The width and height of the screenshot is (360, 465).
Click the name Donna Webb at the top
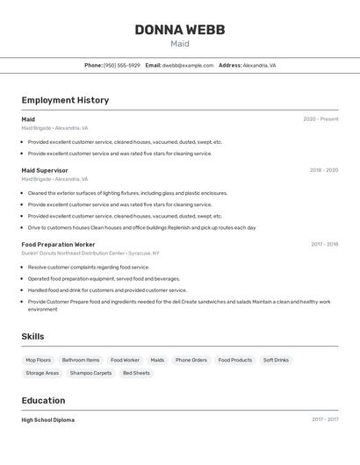(180, 30)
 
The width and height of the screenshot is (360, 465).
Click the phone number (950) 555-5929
(121, 65)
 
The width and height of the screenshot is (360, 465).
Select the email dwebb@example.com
(188, 65)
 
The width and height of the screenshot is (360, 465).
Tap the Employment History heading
(65, 100)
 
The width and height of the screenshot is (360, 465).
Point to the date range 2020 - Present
(320, 119)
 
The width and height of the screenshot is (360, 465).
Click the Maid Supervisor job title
(45, 170)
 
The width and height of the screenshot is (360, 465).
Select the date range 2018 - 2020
(323, 170)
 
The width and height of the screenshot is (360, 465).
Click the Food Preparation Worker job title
(58, 244)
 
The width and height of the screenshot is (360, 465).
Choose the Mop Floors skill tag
(38, 360)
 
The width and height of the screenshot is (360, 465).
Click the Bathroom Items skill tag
(81, 360)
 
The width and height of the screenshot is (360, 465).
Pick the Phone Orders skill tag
(191, 360)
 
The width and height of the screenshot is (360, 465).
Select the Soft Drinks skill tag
(276, 360)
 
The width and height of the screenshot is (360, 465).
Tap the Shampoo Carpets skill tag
(91, 373)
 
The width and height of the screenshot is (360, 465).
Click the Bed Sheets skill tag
(136, 373)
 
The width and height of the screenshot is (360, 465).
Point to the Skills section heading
(32, 336)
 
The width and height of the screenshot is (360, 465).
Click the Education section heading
(44, 400)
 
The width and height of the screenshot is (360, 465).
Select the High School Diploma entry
(48, 420)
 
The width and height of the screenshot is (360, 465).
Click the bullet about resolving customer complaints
(89, 267)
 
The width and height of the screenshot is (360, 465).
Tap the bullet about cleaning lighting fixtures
(127, 193)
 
